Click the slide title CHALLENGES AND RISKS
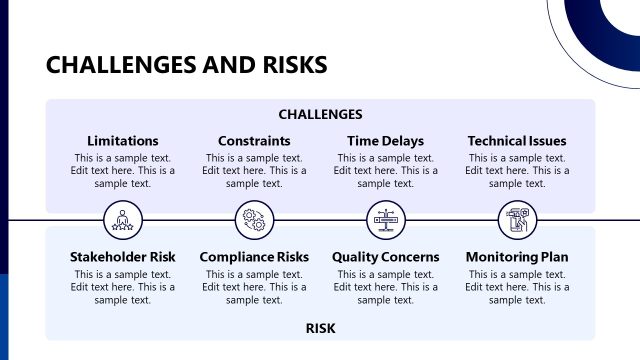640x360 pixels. (x=186, y=66)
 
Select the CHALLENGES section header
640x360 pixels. (x=320, y=115)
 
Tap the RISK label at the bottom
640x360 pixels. (x=320, y=328)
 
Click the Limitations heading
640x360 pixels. (x=123, y=141)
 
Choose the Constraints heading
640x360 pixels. (x=254, y=141)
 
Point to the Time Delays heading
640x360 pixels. (x=385, y=141)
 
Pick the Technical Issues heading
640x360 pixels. (x=517, y=141)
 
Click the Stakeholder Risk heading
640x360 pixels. (x=123, y=257)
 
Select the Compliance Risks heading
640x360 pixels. (x=254, y=257)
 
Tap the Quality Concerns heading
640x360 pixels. (x=385, y=257)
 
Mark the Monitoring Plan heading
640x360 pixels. (x=517, y=257)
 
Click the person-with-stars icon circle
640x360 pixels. (x=123, y=219)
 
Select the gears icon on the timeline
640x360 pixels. (x=254, y=219)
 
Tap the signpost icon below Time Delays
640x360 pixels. (x=385, y=219)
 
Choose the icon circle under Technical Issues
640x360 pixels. (x=517, y=219)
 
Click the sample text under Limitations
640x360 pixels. (x=123, y=171)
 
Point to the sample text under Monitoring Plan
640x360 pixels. (x=517, y=287)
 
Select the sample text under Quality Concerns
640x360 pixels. (x=385, y=287)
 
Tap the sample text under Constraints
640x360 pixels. (x=254, y=171)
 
